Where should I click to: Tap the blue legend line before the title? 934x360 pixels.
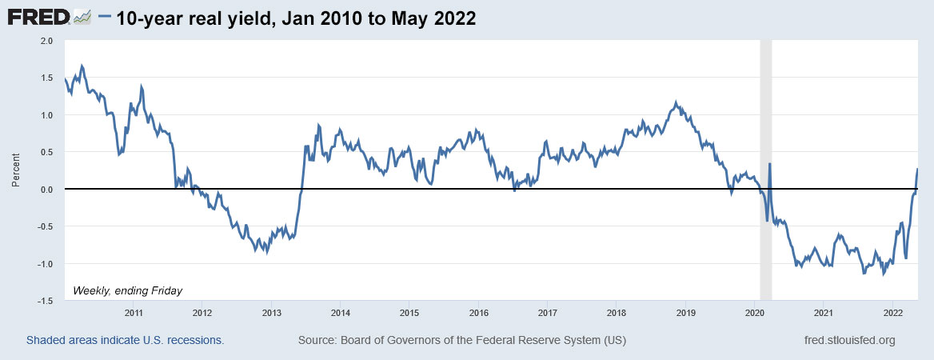[104, 18]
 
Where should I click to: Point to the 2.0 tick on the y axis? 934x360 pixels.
[46, 40]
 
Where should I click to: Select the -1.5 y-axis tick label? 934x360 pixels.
[45, 301]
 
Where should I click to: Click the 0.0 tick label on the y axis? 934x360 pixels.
[46, 190]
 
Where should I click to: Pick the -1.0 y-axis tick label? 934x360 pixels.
[45, 264]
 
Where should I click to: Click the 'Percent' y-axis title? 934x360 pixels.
[15, 171]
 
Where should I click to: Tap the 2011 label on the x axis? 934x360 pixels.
[134, 312]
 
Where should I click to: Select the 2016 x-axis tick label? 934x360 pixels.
[478, 312]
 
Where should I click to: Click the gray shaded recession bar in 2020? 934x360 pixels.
[765, 240]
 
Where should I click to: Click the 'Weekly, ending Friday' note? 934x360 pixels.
[128, 290]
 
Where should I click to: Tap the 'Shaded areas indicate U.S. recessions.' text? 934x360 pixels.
[126, 340]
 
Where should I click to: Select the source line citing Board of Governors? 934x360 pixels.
[462, 340]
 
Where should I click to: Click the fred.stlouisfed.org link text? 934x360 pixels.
[849, 340]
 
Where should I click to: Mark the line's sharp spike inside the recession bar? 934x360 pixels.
[769, 164]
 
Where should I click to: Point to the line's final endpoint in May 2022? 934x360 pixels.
[917, 168]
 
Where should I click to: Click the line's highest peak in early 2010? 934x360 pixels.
[82, 66]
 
